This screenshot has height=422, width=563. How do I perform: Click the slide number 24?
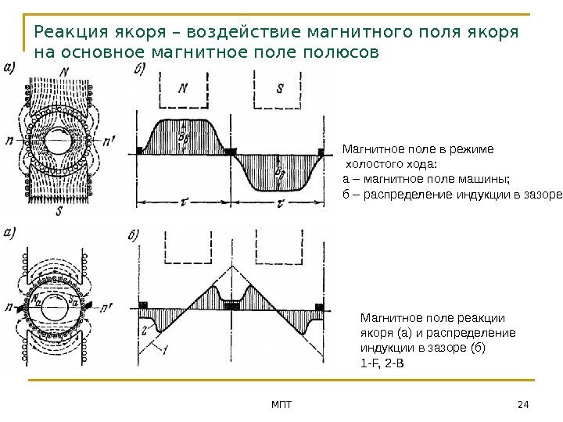(x=523, y=402)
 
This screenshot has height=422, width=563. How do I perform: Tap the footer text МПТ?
(x=280, y=402)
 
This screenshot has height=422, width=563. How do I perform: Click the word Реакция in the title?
(x=67, y=34)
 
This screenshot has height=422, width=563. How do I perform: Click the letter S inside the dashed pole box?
(x=281, y=88)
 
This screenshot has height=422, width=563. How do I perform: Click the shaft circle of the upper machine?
(x=57, y=143)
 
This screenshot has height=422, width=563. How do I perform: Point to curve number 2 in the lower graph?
(x=145, y=331)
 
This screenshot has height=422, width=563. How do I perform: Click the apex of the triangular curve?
(x=232, y=265)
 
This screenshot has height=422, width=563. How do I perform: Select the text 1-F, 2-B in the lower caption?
(x=382, y=364)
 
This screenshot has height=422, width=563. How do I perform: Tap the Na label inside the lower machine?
(x=36, y=299)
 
